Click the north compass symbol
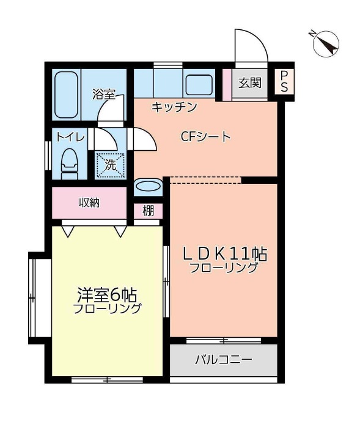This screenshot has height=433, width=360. click(x=325, y=44)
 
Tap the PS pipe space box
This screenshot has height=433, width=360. click(x=284, y=82)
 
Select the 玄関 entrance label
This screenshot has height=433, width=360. click(x=250, y=83)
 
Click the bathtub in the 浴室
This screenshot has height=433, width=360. click(x=66, y=95)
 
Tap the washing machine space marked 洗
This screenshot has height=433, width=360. click(x=110, y=165)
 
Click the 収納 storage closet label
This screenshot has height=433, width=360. click(x=89, y=203)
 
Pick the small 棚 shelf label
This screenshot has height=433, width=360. click(x=149, y=211)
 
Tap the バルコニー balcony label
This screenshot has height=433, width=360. click(x=224, y=360)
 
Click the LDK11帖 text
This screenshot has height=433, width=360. click(x=225, y=254)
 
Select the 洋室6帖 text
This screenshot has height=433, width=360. click(x=107, y=295)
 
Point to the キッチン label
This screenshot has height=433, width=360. click(x=174, y=107)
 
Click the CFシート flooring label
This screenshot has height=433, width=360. click(x=205, y=137)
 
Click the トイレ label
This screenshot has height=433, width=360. click(x=70, y=137)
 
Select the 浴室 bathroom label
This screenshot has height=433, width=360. click(x=104, y=95)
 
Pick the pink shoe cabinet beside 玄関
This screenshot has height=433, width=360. click(x=227, y=84)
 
